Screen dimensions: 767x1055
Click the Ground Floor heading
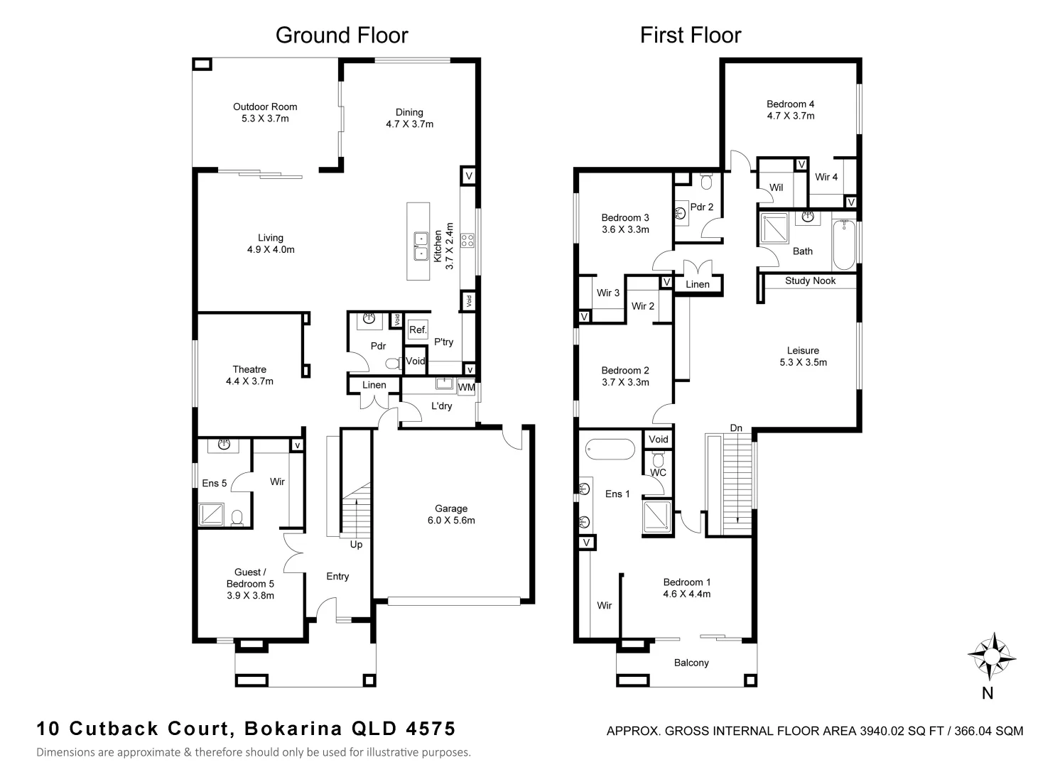click(x=342, y=35)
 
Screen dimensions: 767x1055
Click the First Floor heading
click(x=690, y=35)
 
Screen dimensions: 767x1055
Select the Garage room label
click(x=451, y=508)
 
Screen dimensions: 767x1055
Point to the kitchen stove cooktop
click(x=467, y=240)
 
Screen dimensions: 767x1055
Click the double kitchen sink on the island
click(x=420, y=245)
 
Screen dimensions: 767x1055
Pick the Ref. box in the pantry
click(x=418, y=330)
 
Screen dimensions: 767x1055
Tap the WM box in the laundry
click(x=466, y=388)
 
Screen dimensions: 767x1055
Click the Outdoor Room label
click(x=265, y=107)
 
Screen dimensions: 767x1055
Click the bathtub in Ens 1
click(x=610, y=450)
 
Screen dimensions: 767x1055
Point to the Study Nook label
click(x=810, y=281)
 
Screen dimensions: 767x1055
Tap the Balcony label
click(x=691, y=663)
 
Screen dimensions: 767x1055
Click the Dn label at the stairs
click(x=736, y=428)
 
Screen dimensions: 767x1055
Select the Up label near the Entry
click(x=356, y=545)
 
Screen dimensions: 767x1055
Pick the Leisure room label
click(x=803, y=350)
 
